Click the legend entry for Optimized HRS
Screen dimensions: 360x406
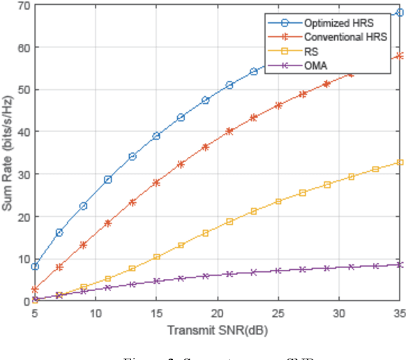pyautogui.click(x=338, y=23)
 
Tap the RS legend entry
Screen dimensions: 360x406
pyautogui.click(x=311, y=51)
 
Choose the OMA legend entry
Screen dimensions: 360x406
pyautogui.click(x=315, y=66)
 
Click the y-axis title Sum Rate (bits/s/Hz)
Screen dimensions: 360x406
pyautogui.click(x=8, y=153)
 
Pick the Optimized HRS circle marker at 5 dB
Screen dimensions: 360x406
pyautogui.click(x=35, y=267)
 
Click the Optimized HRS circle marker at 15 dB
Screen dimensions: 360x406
pyautogui.click(x=156, y=136)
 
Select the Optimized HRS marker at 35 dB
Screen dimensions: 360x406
pyautogui.click(x=399, y=13)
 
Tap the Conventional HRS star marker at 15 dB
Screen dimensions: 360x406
pyautogui.click(x=156, y=182)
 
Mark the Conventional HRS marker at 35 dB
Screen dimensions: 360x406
pyautogui.click(x=399, y=56)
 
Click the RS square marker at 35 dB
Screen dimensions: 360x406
pyautogui.click(x=399, y=163)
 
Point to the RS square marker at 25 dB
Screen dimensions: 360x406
pyautogui.click(x=278, y=201)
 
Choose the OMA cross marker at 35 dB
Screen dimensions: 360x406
pyautogui.click(x=399, y=264)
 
